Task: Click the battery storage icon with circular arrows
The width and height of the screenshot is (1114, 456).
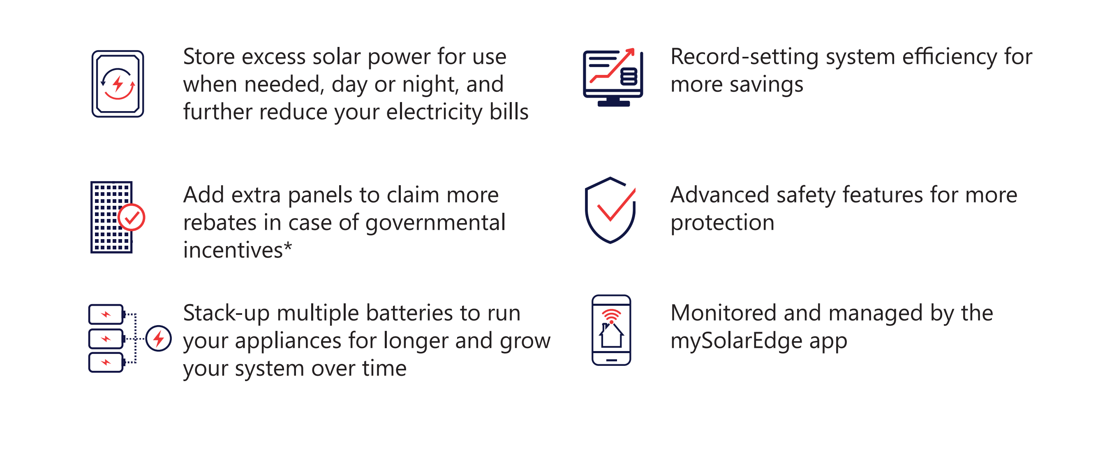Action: click(118, 84)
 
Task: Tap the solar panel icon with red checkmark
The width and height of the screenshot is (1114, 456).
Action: click(117, 217)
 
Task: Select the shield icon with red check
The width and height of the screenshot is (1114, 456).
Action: click(610, 210)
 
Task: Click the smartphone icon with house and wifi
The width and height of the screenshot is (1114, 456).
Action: click(611, 330)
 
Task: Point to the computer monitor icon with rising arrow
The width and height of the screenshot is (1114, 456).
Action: click(613, 77)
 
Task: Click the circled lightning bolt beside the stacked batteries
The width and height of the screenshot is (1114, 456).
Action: click(158, 339)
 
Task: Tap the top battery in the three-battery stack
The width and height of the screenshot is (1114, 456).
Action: click(106, 314)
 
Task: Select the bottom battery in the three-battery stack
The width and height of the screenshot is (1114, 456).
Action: click(106, 363)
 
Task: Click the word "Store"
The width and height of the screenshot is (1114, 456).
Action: click(209, 57)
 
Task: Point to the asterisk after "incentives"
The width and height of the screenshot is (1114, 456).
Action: click(288, 246)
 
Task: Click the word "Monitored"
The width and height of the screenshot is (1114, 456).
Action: click(723, 313)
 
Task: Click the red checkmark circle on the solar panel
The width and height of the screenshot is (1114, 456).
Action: click(132, 217)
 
